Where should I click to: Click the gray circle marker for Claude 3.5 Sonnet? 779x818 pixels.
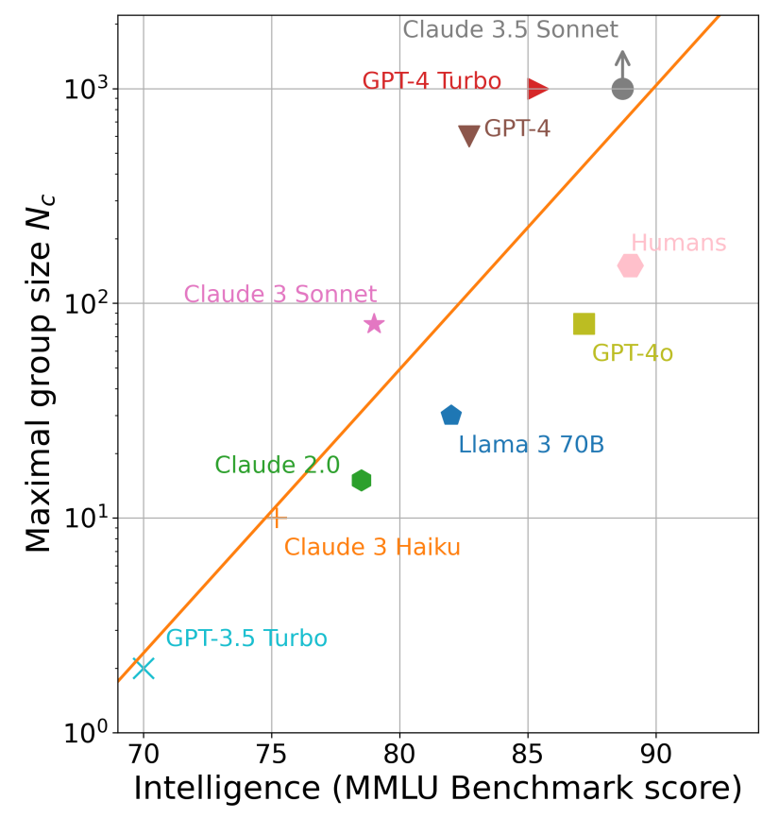[x=622, y=89]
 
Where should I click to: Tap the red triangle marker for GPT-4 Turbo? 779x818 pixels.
[x=537, y=89]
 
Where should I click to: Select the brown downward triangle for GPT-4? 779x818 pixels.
[x=469, y=135]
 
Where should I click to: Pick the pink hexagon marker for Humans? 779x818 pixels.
[x=631, y=265]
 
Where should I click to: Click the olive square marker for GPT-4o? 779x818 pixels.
[x=584, y=324]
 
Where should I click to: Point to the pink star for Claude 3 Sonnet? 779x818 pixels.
[x=374, y=324]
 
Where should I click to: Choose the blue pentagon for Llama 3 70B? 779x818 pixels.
[x=451, y=416]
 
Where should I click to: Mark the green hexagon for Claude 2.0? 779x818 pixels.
[x=362, y=481]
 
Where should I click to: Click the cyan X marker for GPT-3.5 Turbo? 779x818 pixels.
[x=144, y=669]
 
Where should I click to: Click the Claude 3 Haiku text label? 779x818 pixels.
[x=372, y=547]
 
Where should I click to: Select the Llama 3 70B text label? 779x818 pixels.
[x=531, y=445]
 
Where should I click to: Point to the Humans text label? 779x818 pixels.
[x=678, y=244]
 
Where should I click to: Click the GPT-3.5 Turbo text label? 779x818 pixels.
[x=246, y=639]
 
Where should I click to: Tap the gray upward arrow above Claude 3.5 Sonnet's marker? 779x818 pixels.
[x=622, y=61]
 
